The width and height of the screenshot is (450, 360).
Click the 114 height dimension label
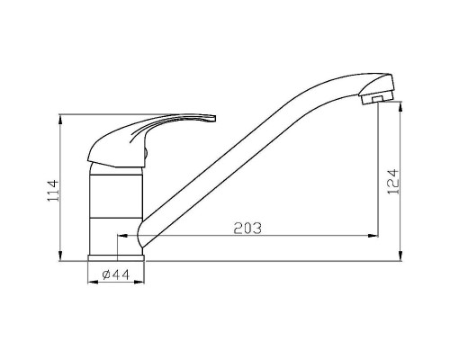(x=53, y=191)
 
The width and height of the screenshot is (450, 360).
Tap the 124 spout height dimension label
(x=393, y=182)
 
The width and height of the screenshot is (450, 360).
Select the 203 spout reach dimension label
(x=247, y=229)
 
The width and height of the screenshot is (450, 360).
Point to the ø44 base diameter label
(x=116, y=274)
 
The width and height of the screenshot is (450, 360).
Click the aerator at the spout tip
(x=377, y=98)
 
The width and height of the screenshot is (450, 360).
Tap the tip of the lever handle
(x=215, y=118)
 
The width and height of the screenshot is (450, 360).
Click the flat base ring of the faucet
(x=116, y=258)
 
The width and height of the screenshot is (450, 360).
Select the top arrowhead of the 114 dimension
(x=61, y=120)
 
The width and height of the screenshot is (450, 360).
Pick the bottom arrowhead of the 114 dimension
(x=61, y=256)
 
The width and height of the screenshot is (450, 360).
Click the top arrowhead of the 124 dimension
(x=400, y=107)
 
